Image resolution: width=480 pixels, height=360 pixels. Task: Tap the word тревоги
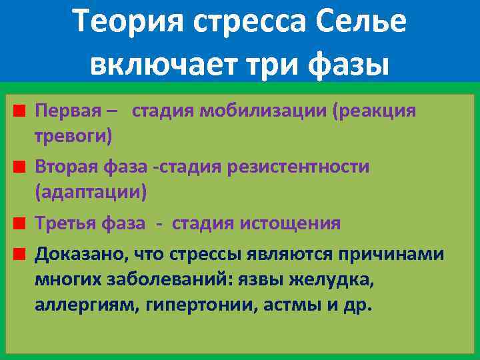(x=73, y=137)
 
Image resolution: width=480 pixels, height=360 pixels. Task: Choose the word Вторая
(x=65, y=167)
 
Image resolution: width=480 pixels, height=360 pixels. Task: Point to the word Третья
(x=65, y=223)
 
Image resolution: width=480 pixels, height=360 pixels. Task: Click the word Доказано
(x=81, y=254)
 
